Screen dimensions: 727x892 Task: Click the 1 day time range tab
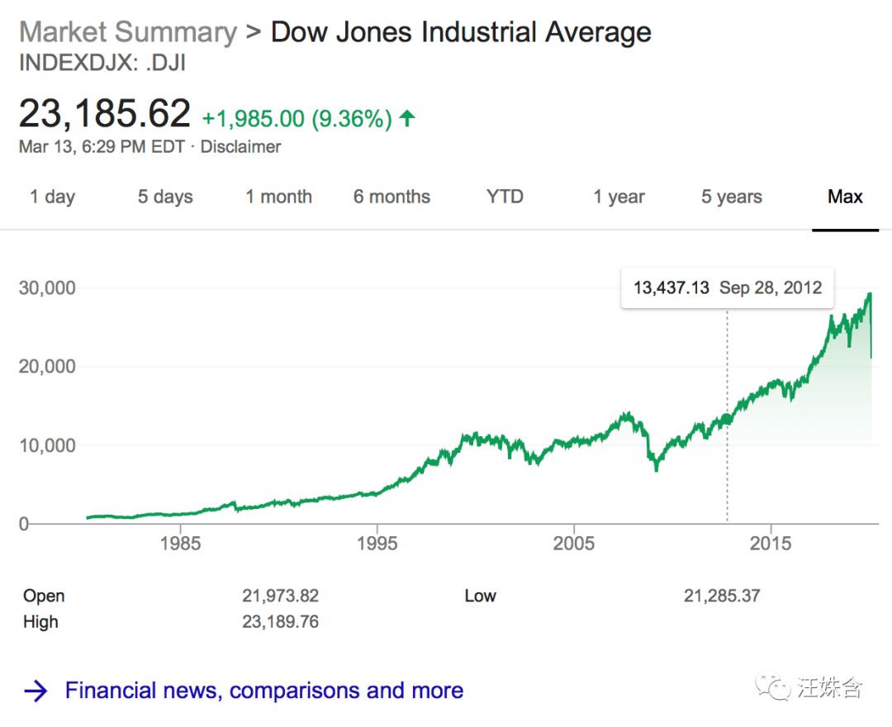pyautogui.click(x=52, y=197)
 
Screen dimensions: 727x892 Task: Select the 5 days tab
pyautogui.click(x=165, y=197)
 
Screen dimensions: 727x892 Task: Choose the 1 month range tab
pyautogui.click(x=278, y=197)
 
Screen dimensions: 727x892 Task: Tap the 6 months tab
pyautogui.click(x=391, y=197)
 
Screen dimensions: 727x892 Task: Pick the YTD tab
pyautogui.click(x=505, y=197)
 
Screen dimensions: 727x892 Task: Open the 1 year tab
pyautogui.click(x=619, y=197)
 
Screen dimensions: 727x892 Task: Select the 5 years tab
pyautogui.click(x=732, y=197)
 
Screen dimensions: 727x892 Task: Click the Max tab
pyautogui.click(x=845, y=197)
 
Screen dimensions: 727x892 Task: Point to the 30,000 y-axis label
pyautogui.click(x=47, y=287)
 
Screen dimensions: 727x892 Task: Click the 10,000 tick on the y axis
pyautogui.click(x=47, y=445)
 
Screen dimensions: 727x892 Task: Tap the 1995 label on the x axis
pyautogui.click(x=377, y=543)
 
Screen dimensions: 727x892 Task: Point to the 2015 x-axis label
pyautogui.click(x=770, y=543)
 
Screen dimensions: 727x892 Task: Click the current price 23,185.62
pyautogui.click(x=105, y=113)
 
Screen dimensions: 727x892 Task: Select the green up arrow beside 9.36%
pyautogui.click(x=406, y=119)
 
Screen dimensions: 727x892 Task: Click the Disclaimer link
pyautogui.click(x=240, y=147)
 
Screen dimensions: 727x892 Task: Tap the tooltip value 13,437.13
pyautogui.click(x=671, y=287)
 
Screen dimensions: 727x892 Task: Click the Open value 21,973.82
pyautogui.click(x=280, y=596)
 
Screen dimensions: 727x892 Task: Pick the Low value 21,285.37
pyautogui.click(x=722, y=596)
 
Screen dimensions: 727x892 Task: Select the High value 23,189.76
pyautogui.click(x=280, y=622)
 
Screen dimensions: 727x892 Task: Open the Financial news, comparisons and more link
pyautogui.click(x=263, y=691)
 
